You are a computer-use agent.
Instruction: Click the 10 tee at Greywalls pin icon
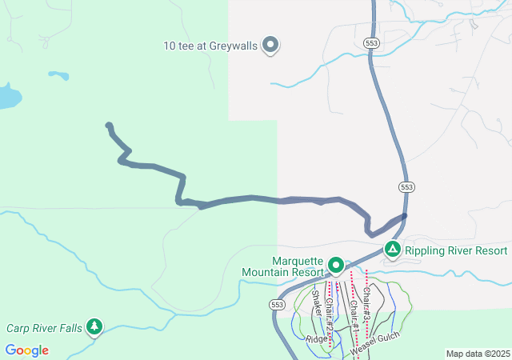(270, 45)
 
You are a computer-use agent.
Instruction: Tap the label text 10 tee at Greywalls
(211, 46)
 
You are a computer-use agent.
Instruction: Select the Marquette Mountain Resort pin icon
(336, 265)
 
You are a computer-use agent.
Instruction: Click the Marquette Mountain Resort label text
(286, 266)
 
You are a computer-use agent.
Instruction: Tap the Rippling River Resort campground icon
(393, 250)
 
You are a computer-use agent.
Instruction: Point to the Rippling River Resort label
(456, 250)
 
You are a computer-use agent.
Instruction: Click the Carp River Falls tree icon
(95, 326)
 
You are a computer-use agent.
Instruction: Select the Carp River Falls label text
(45, 328)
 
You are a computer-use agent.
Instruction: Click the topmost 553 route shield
(370, 42)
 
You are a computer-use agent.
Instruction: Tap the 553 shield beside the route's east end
(406, 186)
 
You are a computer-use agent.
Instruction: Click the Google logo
(26, 350)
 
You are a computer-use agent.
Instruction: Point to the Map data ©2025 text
(477, 354)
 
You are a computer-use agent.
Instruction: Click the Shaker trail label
(317, 304)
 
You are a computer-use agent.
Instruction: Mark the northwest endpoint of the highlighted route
(109, 126)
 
